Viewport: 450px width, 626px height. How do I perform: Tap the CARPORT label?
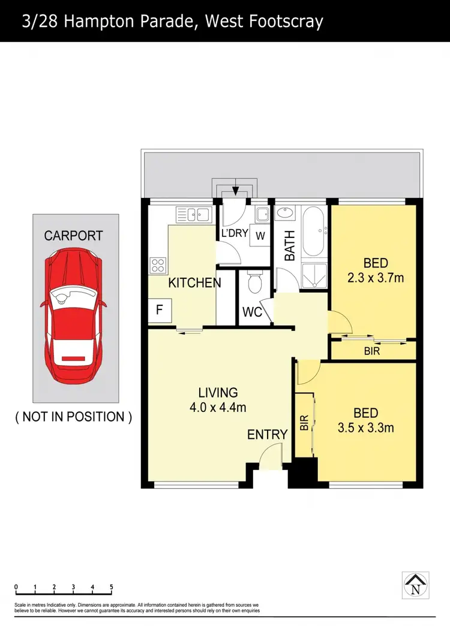tap(73, 236)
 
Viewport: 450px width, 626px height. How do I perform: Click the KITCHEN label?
tap(194, 282)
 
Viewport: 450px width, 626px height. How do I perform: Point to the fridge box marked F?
tap(160, 311)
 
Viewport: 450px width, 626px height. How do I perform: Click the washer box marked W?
tap(260, 236)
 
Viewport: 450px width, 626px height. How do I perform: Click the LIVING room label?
tap(218, 393)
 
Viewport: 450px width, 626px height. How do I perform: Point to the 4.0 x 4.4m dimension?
tap(218, 408)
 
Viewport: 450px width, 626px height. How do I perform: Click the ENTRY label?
tap(267, 435)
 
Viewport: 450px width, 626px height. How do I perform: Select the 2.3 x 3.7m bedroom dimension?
tap(376, 278)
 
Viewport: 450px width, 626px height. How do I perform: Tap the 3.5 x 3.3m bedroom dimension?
tap(365, 428)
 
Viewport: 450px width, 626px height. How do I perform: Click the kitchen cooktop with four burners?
tap(158, 264)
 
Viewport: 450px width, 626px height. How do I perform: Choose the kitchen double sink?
tap(193, 214)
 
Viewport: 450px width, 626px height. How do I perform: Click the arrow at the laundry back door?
tap(236, 190)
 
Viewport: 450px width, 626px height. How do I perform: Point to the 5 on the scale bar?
tap(112, 587)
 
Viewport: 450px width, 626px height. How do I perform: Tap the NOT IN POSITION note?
tap(73, 417)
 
